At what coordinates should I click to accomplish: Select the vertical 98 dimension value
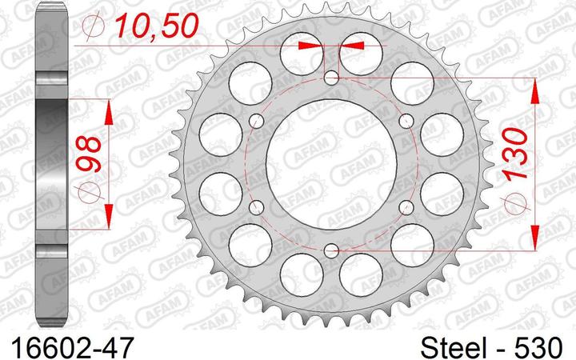89,154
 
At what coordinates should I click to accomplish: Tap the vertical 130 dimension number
515,154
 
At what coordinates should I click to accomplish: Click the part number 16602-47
72,346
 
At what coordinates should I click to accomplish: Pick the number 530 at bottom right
541,346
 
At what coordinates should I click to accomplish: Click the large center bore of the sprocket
331,164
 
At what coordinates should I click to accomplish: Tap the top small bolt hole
332,78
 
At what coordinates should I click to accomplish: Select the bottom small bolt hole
332,250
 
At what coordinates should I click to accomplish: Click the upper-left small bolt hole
257,121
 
